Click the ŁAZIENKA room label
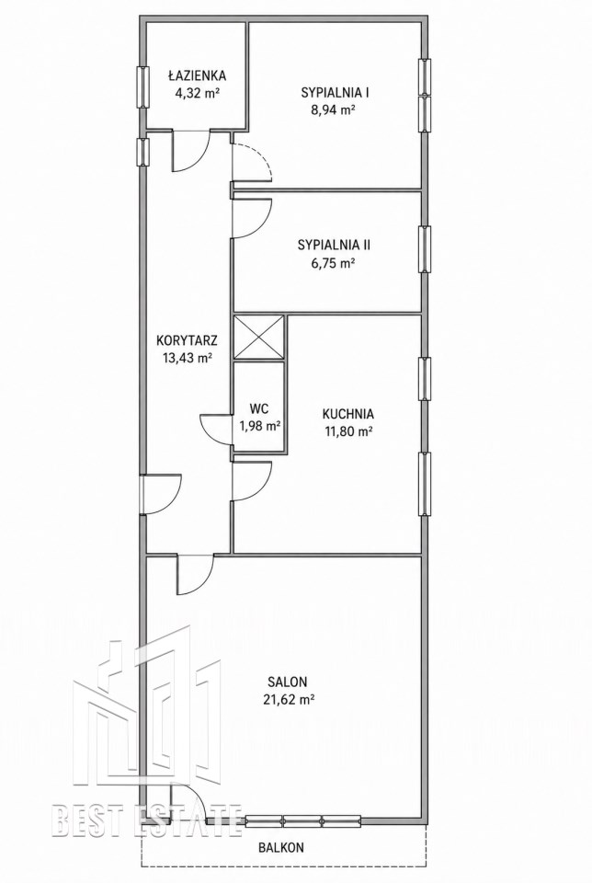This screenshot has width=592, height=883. click(x=197, y=75)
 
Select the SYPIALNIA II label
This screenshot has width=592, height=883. click(x=335, y=245)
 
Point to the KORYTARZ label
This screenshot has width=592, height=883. click(x=188, y=340)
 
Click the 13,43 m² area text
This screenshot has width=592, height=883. click(x=188, y=357)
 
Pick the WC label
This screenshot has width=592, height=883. click(x=259, y=408)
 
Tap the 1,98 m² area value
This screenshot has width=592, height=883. click(x=259, y=426)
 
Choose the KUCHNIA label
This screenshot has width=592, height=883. click(x=348, y=414)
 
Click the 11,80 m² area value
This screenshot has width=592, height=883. click(x=348, y=431)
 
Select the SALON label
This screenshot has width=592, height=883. click(x=288, y=682)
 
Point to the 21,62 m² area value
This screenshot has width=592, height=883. click(x=288, y=699)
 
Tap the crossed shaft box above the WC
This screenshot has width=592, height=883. click(x=259, y=337)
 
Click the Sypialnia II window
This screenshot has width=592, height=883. click(x=426, y=249)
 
